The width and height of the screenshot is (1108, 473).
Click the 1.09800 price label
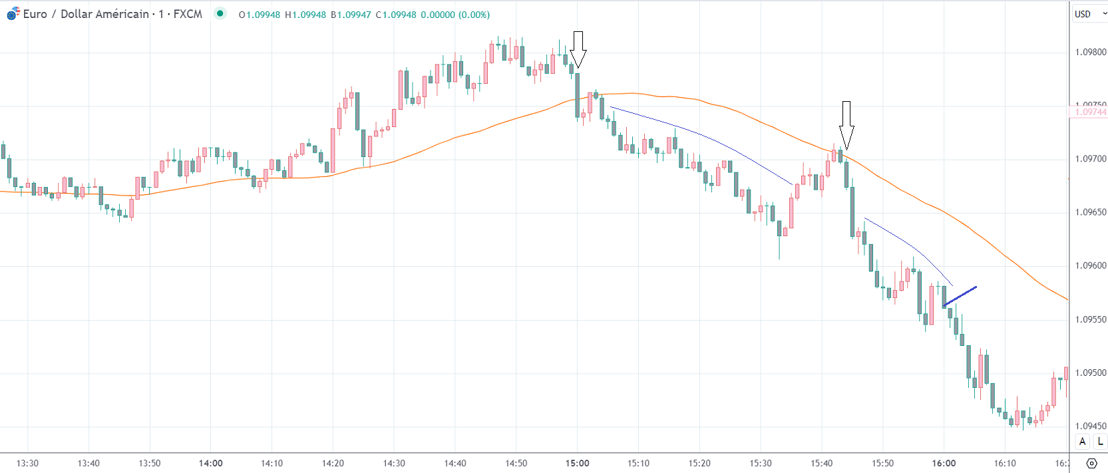click(x=1090, y=52)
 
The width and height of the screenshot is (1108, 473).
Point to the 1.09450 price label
click(x=1090, y=426)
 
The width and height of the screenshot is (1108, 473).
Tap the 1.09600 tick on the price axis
click(x=1090, y=265)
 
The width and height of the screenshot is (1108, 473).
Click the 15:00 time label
click(x=577, y=463)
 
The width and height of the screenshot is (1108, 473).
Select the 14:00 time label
click(x=210, y=463)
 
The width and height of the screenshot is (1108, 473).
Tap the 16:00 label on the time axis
click(x=944, y=463)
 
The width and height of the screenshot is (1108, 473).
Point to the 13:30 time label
click(x=27, y=463)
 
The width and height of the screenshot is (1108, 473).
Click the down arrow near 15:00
click(x=578, y=49)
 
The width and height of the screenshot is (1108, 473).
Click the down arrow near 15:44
click(x=846, y=124)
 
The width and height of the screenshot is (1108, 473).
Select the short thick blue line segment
click(x=960, y=296)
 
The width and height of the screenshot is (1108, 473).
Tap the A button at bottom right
click(x=1083, y=441)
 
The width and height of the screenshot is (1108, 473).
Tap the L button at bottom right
click(x=1100, y=441)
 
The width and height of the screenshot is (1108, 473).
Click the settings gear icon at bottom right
click(x=1091, y=463)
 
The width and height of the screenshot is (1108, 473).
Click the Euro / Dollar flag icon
click(x=13, y=13)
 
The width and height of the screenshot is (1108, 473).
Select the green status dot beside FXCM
click(x=220, y=13)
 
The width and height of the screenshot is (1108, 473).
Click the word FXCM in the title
click(x=188, y=14)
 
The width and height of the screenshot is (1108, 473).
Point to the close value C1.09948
click(x=396, y=15)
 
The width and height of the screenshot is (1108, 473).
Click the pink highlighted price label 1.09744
click(x=1090, y=112)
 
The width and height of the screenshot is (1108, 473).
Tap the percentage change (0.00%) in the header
click(x=474, y=15)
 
